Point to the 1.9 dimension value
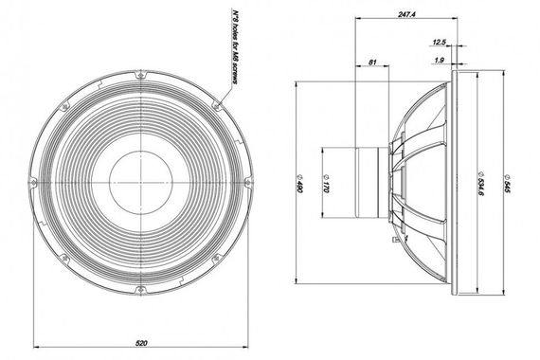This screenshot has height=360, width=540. click(x=439, y=61)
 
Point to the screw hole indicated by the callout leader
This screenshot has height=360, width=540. click(x=221, y=99)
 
